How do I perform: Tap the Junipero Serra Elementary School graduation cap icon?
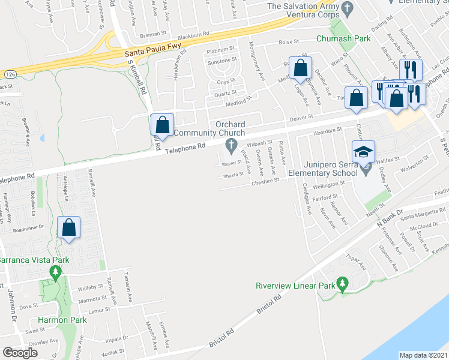(363, 151)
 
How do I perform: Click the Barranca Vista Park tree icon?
(56, 273)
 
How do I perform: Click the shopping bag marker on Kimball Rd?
(162, 125)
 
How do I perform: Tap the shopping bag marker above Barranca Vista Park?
(69, 227)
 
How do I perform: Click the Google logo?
(20, 353)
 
